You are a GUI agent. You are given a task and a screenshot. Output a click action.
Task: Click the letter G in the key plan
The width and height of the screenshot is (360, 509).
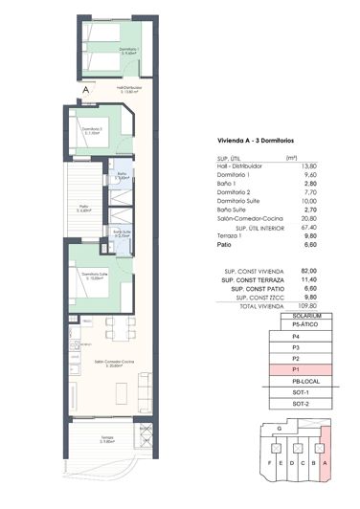click(277, 428)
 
